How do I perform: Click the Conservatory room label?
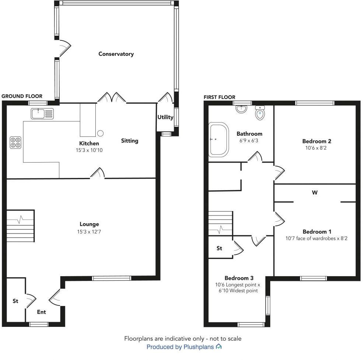click(x=116, y=54)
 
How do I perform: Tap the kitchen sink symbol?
click(x=42, y=114)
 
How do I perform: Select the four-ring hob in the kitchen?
click(x=15, y=142)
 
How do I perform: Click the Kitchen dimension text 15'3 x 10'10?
click(x=89, y=150)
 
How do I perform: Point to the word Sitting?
click(x=130, y=140)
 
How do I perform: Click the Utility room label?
click(x=165, y=117)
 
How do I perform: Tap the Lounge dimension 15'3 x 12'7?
click(x=89, y=232)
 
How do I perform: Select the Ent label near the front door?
click(x=42, y=312)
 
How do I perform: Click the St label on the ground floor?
click(x=15, y=301)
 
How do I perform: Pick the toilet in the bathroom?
click(x=260, y=113)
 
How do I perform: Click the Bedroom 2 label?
click(x=317, y=141)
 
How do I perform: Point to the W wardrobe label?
click(x=315, y=192)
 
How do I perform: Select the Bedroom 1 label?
click(x=317, y=232)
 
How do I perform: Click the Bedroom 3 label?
click(x=239, y=278)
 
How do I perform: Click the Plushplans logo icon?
click(x=219, y=347)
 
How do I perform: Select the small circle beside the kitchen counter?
click(x=101, y=133)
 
